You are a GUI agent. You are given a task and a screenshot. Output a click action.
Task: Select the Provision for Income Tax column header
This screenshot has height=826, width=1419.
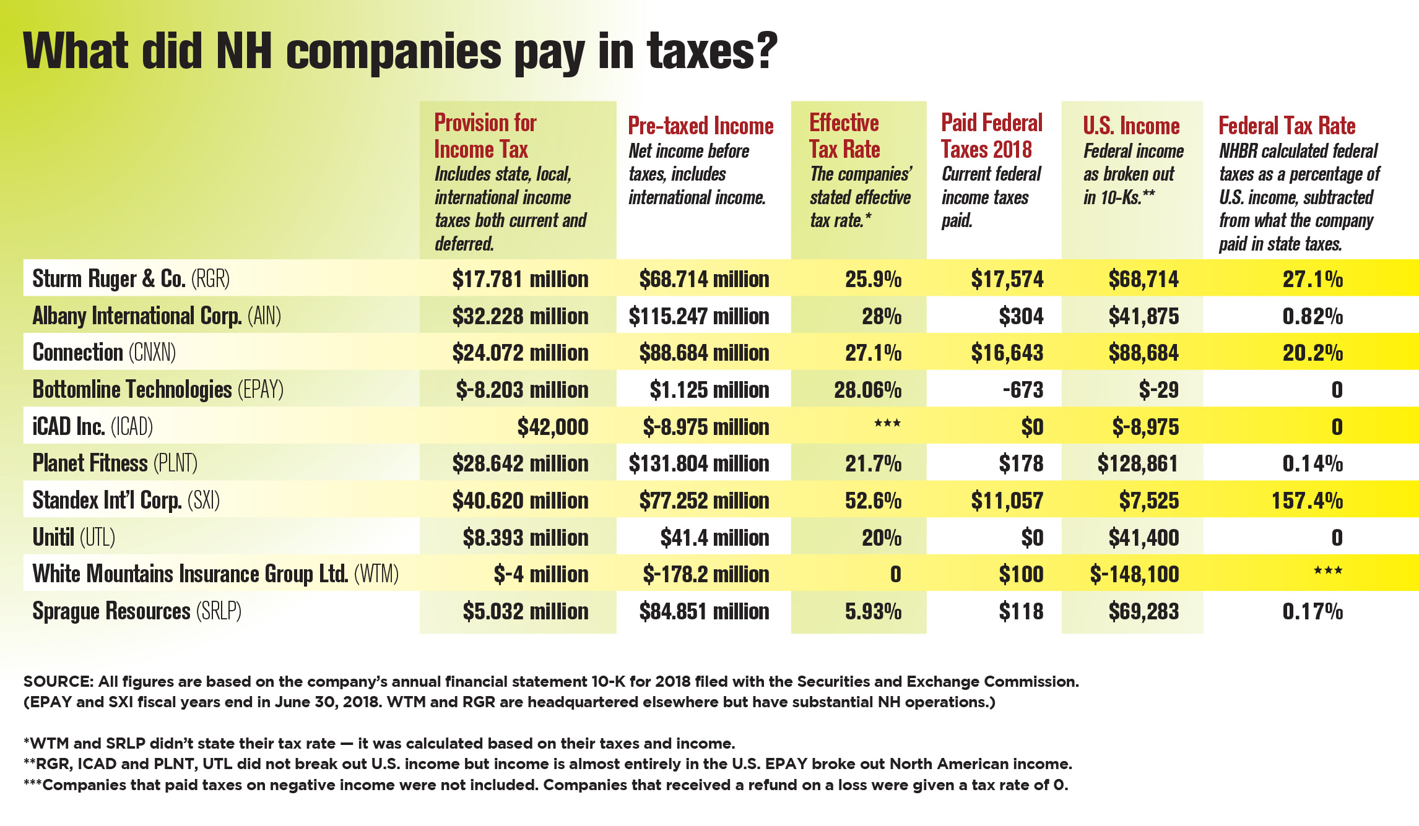[485, 136]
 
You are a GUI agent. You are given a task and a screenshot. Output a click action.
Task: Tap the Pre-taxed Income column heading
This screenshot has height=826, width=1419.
[700, 126]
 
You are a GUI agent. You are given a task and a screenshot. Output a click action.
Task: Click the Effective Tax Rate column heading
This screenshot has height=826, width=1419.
[844, 136]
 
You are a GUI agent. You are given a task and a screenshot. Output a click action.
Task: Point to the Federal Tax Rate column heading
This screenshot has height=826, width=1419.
[1287, 126]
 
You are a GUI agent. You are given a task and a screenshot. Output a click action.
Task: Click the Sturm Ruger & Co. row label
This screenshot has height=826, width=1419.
[131, 278]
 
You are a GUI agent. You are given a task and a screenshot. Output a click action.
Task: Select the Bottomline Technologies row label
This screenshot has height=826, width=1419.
[157, 389]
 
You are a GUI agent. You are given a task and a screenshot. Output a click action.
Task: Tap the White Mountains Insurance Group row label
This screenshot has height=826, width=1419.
[215, 574]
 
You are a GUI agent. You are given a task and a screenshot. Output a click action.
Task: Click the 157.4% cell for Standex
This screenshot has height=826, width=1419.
[1307, 500]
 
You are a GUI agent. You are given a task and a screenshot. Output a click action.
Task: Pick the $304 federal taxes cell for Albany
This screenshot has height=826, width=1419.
[1020, 316]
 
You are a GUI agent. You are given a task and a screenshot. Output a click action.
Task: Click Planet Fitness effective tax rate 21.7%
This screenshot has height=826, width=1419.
[873, 463]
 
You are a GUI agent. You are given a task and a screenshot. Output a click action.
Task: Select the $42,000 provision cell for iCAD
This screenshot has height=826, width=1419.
[552, 426]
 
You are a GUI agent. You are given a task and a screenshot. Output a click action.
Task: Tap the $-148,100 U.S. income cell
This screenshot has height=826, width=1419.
[1134, 574]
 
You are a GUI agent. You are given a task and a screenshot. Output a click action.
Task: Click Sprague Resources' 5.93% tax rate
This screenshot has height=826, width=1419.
[873, 611]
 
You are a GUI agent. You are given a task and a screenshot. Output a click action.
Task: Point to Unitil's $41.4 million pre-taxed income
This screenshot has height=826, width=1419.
[714, 537]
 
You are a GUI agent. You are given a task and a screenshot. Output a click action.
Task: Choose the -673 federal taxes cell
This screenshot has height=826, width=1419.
[1023, 389]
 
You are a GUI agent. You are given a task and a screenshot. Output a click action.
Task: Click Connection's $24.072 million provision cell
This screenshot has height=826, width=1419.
[520, 353]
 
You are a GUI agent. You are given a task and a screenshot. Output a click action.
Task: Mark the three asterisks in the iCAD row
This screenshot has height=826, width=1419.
[887, 424]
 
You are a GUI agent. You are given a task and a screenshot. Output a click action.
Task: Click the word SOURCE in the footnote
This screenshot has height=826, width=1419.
[57, 682]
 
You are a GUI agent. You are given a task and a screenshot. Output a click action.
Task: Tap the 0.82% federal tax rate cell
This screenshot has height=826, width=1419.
[1312, 316]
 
